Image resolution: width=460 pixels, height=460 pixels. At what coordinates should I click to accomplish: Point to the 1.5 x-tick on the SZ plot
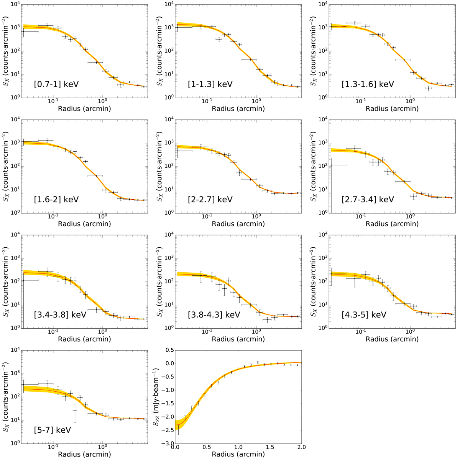click(x=270, y=447)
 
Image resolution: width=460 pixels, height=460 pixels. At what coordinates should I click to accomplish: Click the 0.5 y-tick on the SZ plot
click(x=169, y=350)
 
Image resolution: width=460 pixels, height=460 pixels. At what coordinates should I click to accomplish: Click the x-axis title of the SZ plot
click(x=238, y=455)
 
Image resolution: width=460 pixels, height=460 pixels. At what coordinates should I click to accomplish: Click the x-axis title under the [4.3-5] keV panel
click(x=392, y=339)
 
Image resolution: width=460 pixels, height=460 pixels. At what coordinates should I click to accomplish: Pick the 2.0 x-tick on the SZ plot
click(x=301, y=447)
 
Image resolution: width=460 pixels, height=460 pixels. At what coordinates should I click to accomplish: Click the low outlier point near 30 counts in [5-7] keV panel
click(x=75, y=410)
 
